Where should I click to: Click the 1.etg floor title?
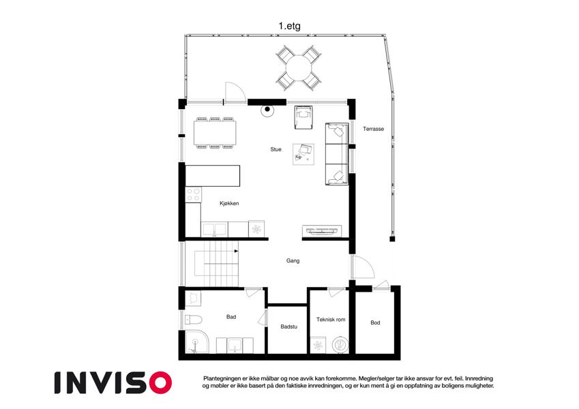tap(289, 26)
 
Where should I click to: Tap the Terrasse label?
tap(373, 129)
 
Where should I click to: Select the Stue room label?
tap(276, 149)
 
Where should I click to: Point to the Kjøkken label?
tap(229, 203)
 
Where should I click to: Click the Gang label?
tap(293, 260)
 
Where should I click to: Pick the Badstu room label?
tap(288, 327)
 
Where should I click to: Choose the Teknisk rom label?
tap(331, 319)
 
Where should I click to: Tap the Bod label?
tap(375, 322)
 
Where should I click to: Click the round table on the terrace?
tap(299, 68)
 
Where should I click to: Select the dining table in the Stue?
tap(215, 133)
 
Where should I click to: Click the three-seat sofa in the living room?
tap(337, 154)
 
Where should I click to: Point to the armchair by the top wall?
tap(303, 117)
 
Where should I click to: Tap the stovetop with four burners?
tap(194, 194)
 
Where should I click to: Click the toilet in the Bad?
tap(193, 319)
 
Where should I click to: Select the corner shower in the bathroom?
tap(196, 342)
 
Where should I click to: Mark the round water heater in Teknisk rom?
tap(340, 345)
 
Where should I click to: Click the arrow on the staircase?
tap(237, 251)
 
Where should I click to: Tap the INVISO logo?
tap(113, 382)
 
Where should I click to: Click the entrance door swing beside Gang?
tap(363, 267)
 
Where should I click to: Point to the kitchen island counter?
tap(213, 176)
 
